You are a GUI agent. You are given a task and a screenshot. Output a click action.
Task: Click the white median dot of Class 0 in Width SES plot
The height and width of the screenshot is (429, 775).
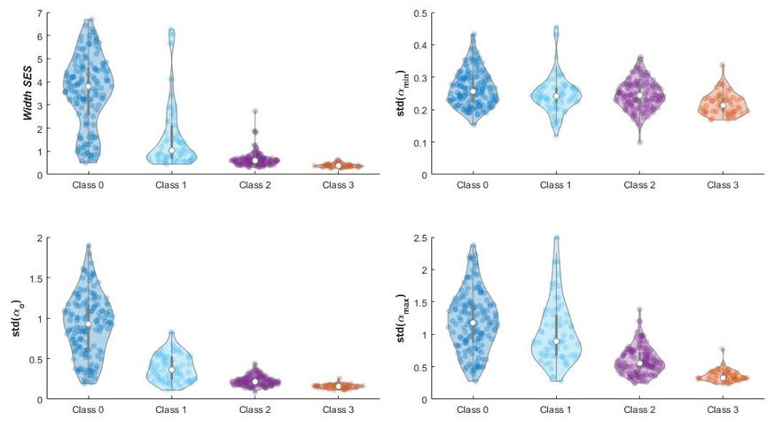(89, 86)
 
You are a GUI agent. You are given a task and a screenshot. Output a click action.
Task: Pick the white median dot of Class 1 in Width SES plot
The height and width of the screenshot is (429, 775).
(171, 150)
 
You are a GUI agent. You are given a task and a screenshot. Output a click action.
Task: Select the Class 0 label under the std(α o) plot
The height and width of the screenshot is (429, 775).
(89, 410)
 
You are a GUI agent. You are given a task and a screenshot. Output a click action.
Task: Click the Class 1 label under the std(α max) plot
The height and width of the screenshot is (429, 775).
(557, 410)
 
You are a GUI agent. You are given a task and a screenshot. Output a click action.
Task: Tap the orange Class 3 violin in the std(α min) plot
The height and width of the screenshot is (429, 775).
(724, 108)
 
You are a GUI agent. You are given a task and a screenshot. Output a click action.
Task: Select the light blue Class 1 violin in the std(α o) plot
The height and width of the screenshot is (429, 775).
(171, 363)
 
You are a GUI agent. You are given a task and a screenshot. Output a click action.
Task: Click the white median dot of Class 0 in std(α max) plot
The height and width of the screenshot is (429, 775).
(474, 323)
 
